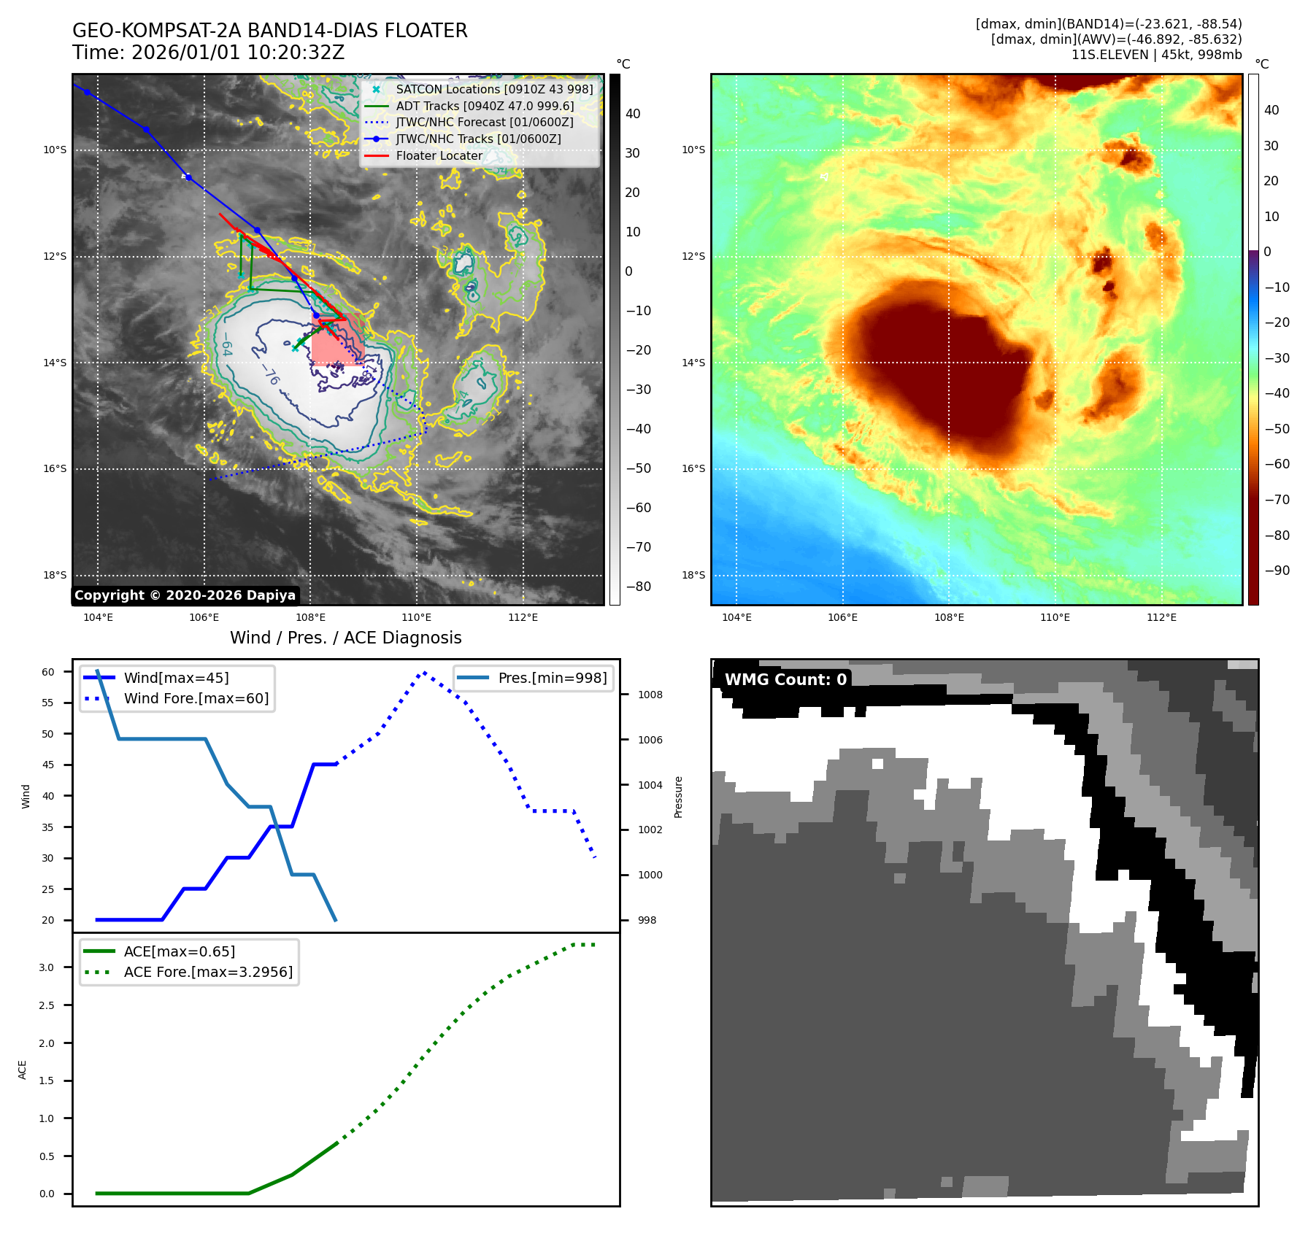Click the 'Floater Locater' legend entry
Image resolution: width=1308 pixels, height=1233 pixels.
click(x=439, y=156)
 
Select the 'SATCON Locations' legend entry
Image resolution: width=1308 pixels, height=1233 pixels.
click(x=494, y=89)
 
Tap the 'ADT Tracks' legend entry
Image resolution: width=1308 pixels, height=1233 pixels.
click(x=485, y=106)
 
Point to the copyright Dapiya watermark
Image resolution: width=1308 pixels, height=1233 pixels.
click(x=185, y=595)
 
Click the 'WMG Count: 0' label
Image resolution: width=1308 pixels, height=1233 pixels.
click(x=785, y=680)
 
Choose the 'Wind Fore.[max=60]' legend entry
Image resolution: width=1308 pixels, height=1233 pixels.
click(x=196, y=699)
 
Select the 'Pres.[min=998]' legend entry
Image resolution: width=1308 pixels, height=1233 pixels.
click(x=552, y=679)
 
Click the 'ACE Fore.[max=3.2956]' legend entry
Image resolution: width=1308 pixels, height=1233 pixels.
click(x=208, y=973)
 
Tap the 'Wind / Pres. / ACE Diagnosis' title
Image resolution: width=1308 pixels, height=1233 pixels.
click(x=345, y=638)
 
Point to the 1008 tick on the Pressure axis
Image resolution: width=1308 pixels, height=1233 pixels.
click(x=650, y=695)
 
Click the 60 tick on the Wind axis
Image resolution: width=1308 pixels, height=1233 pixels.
click(x=48, y=672)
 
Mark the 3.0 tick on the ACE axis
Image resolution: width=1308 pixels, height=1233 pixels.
click(x=47, y=968)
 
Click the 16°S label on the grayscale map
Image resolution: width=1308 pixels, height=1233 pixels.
click(x=55, y=469)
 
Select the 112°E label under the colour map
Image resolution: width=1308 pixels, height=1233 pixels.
click(x=1161, y=618)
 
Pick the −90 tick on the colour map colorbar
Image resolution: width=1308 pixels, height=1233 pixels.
click(x=1277, y=571)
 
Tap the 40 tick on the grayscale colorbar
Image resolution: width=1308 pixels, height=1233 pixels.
click(x=633, y=114)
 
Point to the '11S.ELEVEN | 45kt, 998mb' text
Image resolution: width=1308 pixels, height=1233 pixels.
click(x=1156, y=55)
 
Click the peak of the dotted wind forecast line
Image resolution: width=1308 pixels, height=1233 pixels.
click(x=424, y=673)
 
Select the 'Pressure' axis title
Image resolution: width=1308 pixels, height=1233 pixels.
click(x=678, y=797)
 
